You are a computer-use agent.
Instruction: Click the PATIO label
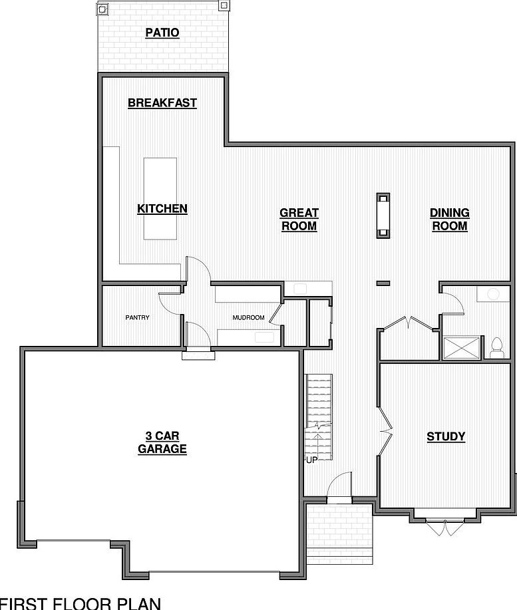tap(162, 33)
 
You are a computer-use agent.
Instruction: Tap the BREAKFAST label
tap(162, 103)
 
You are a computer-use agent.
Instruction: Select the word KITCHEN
tap(162, 209)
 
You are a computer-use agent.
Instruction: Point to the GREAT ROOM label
tap(299, 220)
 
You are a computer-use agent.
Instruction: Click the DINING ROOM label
tap(450, 220)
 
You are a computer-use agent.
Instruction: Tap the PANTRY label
tap(137, 318)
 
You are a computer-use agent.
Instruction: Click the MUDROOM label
tap(248, 318)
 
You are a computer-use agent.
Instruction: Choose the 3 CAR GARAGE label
tap(162, 442)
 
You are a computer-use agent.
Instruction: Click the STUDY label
tap(446, 437)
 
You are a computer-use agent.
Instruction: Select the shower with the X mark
tap(461, 347)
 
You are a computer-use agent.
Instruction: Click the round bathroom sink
tap(493, 293)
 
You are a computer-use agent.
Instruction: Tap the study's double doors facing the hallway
tap(385, 431)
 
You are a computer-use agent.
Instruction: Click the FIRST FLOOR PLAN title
tap(80, 603)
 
